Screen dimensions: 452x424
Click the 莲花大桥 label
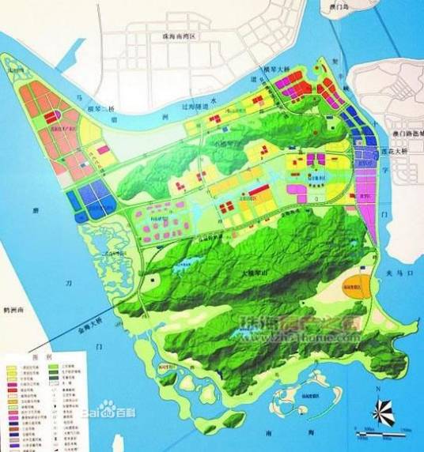point(392,149)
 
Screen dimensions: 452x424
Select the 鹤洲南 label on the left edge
point(13,310)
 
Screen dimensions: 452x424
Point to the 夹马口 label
point(396,273)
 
